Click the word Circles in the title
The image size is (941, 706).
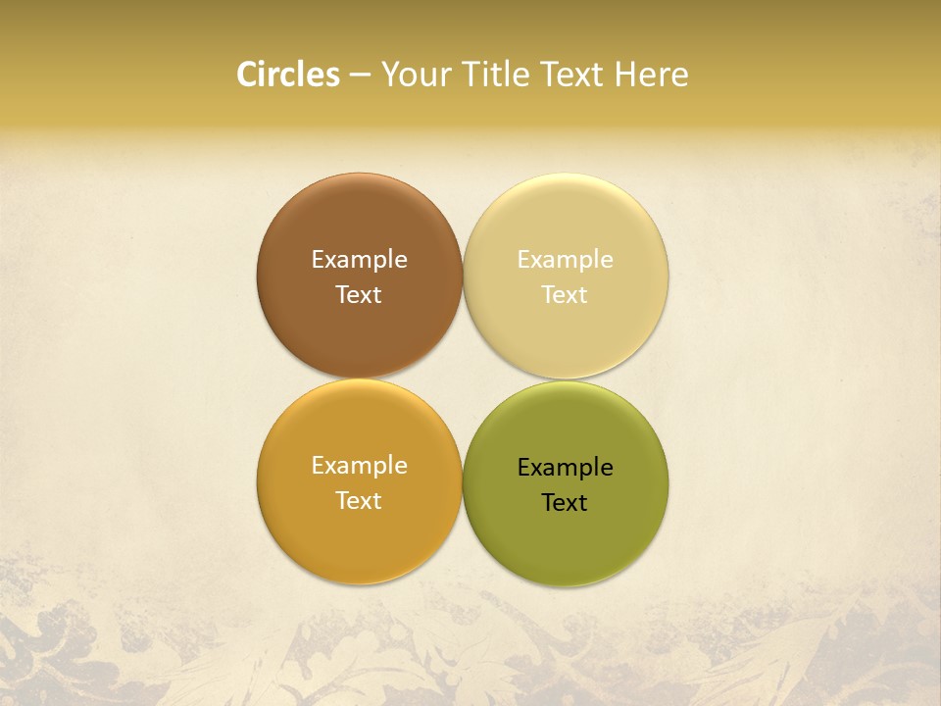coord(288,75)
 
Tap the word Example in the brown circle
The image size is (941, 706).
coord(359,260)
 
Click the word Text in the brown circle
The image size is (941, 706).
coord(359,295)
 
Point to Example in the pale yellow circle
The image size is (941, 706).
coord(565,260)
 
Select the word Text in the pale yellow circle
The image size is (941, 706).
coord(565,295)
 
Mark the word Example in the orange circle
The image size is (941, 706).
coord(359,466)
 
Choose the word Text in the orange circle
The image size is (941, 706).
coord(359,501)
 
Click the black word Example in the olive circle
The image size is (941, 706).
coord(565,468)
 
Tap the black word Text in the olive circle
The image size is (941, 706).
coord(565,503)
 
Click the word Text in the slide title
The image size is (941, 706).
coord(572,75)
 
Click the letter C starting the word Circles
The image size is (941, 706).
coord(246,75)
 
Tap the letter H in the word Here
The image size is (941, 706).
coord(624,75)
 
